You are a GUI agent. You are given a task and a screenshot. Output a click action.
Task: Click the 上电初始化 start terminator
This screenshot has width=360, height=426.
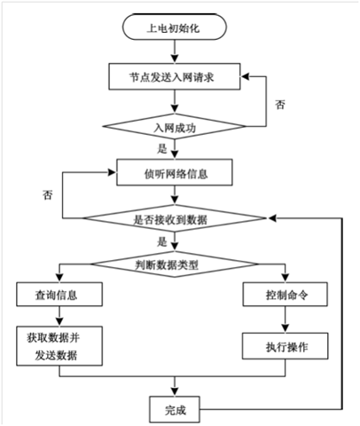(x=175, y=27)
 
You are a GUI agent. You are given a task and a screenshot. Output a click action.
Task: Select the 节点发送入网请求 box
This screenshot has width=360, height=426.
(x=175, y=76)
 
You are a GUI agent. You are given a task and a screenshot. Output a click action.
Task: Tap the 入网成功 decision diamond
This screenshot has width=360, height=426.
(x=175, y=126)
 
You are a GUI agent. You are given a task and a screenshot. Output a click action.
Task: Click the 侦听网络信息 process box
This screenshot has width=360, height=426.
(x=175, y=172)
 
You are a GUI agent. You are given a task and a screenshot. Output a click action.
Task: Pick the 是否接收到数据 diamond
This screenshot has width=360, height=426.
(x=175, y=218)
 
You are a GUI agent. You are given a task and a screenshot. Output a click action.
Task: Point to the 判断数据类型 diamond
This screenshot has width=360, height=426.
(x=175, y=264)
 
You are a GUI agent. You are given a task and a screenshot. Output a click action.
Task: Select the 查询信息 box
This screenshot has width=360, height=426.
(x=59, y=294)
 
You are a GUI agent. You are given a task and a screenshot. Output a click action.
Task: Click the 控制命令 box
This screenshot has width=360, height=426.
(x=286, y=294)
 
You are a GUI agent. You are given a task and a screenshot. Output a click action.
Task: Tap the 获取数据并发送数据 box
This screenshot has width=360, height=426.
(x=59, y=346)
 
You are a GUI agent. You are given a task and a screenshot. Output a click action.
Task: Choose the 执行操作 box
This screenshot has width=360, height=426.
(x=286, y=346)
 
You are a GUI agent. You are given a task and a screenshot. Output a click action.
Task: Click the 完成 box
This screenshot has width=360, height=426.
(x=175, y=409)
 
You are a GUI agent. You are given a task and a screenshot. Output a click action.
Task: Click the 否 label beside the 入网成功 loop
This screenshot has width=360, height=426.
(x=280, y=105)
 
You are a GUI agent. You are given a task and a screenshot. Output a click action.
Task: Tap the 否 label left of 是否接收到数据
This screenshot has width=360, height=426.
(x=48, y=195)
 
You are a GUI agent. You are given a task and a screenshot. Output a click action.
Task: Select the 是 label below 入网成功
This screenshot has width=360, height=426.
(x=162, y=148)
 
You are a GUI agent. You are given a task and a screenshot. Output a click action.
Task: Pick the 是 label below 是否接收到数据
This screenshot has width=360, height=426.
(x=162, y=242)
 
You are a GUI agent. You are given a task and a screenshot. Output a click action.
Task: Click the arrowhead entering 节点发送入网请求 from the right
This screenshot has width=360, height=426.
(x=245, y=76)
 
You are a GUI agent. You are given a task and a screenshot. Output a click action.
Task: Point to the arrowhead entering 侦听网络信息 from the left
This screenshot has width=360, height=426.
(x=112, y=172)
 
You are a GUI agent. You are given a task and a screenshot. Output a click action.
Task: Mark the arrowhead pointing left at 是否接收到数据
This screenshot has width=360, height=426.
(x=272, y=218)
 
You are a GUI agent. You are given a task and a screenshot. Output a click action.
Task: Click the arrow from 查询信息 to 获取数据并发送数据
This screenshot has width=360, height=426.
(x=59, y=316)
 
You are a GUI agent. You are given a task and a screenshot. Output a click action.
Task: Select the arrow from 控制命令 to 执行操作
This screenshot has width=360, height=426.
(x=286, y=319)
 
